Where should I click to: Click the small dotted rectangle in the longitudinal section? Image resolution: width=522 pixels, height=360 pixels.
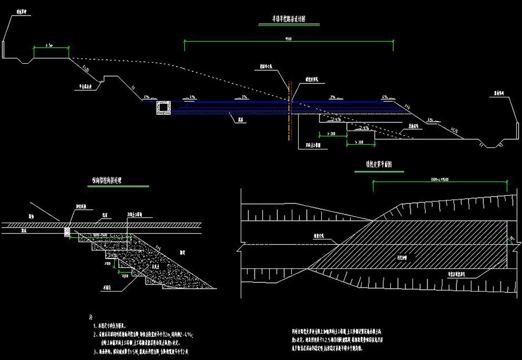coord(67,231)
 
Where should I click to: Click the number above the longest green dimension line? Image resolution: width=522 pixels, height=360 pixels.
coord(288,39)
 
